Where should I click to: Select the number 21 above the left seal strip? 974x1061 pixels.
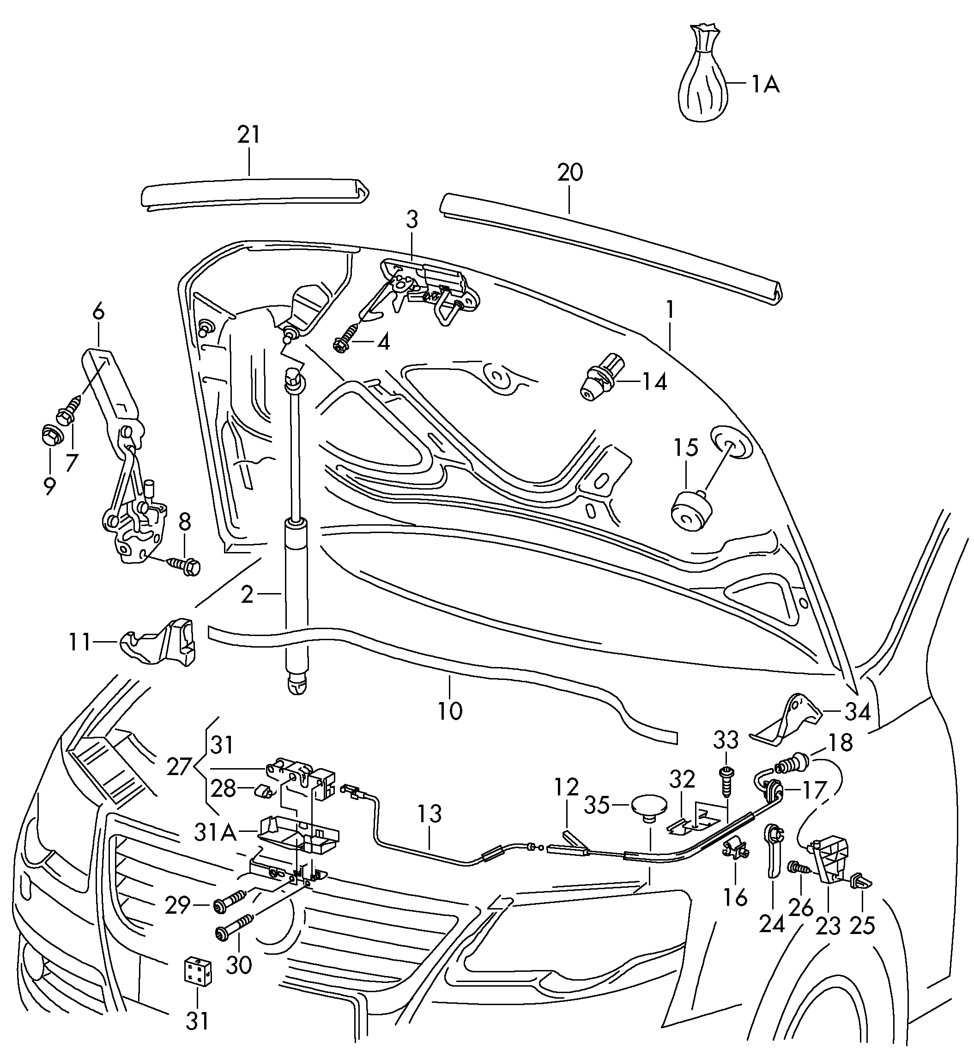(249, 135)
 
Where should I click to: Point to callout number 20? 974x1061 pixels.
(570, 173)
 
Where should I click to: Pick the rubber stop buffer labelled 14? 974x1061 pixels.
(601, 378)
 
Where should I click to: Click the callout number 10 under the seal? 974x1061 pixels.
(449, 710)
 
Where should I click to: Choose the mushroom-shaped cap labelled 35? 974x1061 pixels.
(648, 806)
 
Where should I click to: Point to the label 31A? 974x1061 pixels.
(214, 833)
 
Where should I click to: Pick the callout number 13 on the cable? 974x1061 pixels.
(430, 814)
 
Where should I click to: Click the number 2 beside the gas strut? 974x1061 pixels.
(247, 594)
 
